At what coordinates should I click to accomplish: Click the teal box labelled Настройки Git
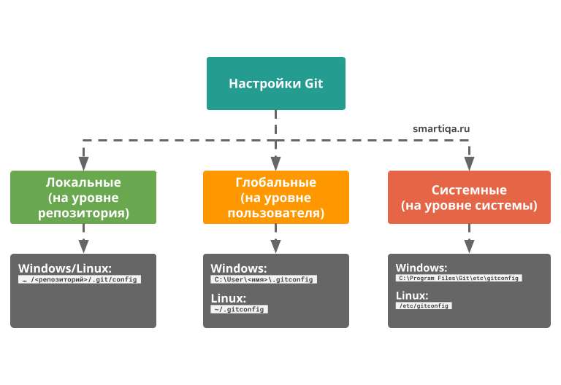(x=275, y=84)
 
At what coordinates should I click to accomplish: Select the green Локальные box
(x=83, y=197)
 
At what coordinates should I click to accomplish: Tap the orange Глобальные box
(x=275, y=197)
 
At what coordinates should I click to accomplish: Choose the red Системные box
(x=469, y=197)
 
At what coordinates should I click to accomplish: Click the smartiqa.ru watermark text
(x=440, y=128)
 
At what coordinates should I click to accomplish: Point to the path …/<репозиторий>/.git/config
(x=80, y=279)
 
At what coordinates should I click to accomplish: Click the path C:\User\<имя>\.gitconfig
(x=264, y=279)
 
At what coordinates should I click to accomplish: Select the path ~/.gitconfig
(x=239, y=309)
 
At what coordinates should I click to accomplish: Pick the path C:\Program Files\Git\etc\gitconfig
(x=459, y=278)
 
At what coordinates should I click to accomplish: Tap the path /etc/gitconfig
(x=424, y=306)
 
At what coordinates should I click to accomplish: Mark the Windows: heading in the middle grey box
(x=239, y=268)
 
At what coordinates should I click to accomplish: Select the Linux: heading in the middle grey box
(x=228, y=297)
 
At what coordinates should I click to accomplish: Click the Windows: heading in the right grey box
(x=421, y=267)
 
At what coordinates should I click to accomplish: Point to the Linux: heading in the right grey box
(x=411, y=295)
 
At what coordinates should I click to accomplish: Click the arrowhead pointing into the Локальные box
(x=83, y=162)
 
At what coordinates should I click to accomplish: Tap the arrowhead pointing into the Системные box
(x=469, y=162)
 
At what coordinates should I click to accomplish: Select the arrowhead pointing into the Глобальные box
(x=275, y=162)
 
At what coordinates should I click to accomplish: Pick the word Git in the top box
(x=313, y=84)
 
